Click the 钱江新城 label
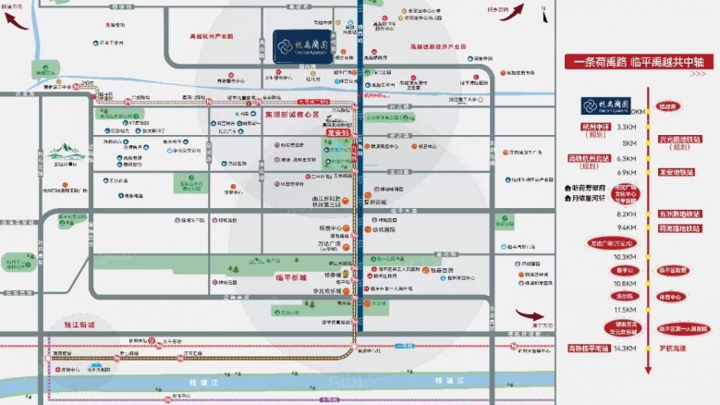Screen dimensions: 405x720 [x=79, y=325]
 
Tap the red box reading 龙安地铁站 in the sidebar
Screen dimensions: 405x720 [x=677, y=171]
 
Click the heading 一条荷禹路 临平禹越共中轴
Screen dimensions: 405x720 [x=639, y=62]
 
